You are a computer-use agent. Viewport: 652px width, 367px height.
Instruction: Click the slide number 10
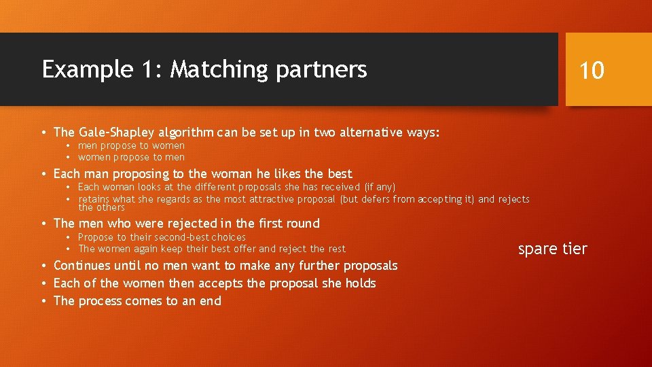(592, 70)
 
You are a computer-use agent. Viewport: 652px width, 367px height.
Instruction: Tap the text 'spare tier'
(552, 249)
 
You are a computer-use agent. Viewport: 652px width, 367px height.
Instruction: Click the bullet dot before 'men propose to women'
(69, 146)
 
